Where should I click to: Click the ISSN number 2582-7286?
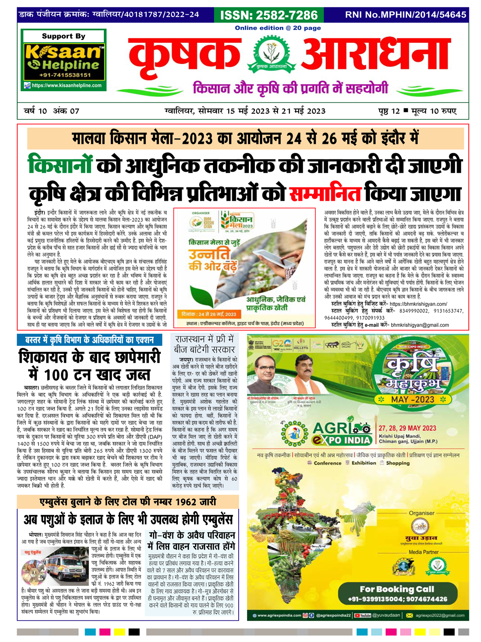269,15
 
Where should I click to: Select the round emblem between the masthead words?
271,55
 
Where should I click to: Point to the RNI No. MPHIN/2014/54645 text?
405,15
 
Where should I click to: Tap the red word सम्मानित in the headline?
325,193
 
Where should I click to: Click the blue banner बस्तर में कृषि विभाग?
90,340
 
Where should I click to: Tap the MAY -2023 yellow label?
413,399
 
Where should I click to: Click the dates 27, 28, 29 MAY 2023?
407,428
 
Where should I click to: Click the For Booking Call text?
397,589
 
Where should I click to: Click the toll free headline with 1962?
127,502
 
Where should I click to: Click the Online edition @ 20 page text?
277,28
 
